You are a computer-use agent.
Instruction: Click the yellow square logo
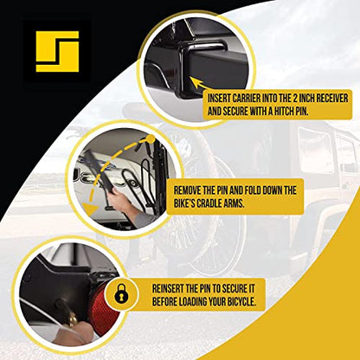point(57,51)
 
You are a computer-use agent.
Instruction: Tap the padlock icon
point(121,294)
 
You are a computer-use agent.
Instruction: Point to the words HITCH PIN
point(291,112)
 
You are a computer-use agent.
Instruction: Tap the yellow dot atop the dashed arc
point(150,139)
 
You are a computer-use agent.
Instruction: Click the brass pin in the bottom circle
point(71,318)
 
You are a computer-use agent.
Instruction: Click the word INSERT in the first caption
point(219,99)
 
